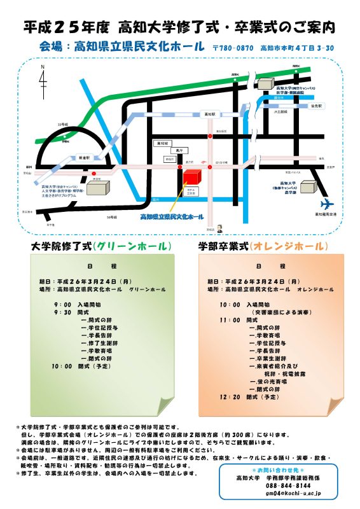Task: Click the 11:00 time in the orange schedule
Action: point(229,320)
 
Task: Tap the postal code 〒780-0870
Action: point(233,47)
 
